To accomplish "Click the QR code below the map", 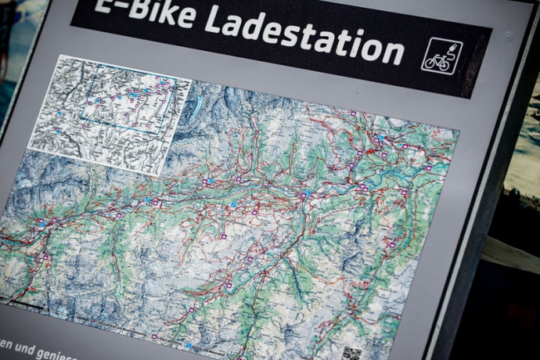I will tap(351, 354).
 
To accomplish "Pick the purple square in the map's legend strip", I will tap(153, 337).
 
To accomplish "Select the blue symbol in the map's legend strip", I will tap(188, 344).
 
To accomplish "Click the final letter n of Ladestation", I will tap(395, 53).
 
